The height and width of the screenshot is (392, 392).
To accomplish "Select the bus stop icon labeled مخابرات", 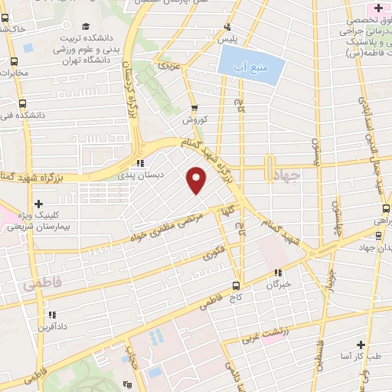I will (x=14, y=62).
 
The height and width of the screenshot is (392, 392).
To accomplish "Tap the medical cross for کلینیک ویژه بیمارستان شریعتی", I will (x=38, y=203).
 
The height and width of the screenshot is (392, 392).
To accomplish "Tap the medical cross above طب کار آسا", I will (x=359, y=345).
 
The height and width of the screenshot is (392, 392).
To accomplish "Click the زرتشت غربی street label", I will (x=267, y=335).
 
